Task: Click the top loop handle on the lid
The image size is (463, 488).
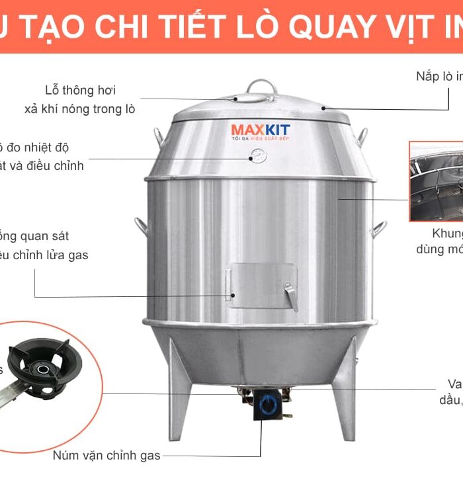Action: click(x=260, y=87)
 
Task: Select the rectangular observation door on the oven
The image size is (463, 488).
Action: click(x=263, y=286)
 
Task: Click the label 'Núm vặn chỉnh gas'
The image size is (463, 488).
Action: click(x=106, y=456)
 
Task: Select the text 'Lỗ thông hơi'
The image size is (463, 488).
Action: click(x=80, y=91)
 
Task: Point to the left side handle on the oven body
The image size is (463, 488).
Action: click(x=142, y=226)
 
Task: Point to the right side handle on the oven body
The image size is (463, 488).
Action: click(x=378, y=228)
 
